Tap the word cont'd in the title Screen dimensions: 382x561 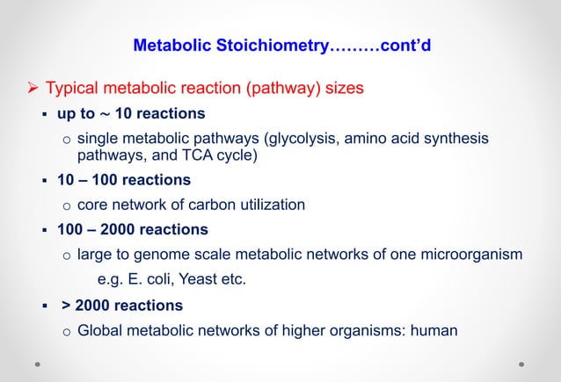pyautogui.click(x=404, y=45)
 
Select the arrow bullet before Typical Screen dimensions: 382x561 pyautogui.click(x=31, y=89)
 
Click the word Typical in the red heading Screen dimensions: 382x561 pyautogui.click(x=75, y=89)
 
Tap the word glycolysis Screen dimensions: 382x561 pyautogui.click(x=297, y=139)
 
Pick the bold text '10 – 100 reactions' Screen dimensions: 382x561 pyautogui.click(x=124, y=181)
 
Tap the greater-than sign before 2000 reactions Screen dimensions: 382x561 pyautogui.click(x=66, y=306)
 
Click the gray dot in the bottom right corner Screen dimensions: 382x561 pyautogui.click(x=521, y=362)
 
